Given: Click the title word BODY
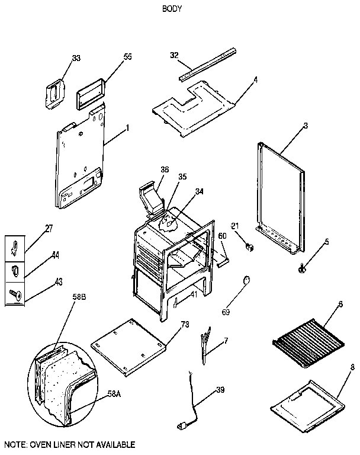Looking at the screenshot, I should click(171, 9).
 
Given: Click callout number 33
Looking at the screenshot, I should click(76, 58).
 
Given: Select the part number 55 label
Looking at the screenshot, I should click(127, 57).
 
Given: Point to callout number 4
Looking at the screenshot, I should click(255, 79).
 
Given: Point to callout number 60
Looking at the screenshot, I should click(222, 236).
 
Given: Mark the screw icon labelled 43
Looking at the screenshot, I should click(14, 293).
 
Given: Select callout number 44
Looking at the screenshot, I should click(54, 255).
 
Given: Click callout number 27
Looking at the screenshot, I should click(49, 227).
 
